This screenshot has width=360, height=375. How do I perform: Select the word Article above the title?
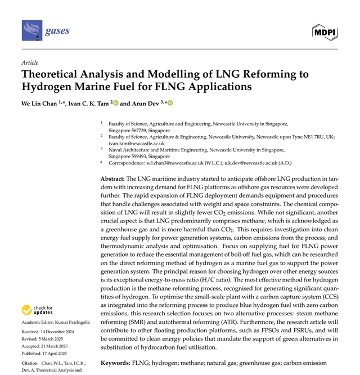click(x=29, y=62)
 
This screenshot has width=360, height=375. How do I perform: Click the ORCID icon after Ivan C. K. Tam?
click(x=116, y=104)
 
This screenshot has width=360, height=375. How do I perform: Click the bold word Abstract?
click(x=116, y=177)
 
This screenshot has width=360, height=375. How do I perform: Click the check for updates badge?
click(x=38, y=310)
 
